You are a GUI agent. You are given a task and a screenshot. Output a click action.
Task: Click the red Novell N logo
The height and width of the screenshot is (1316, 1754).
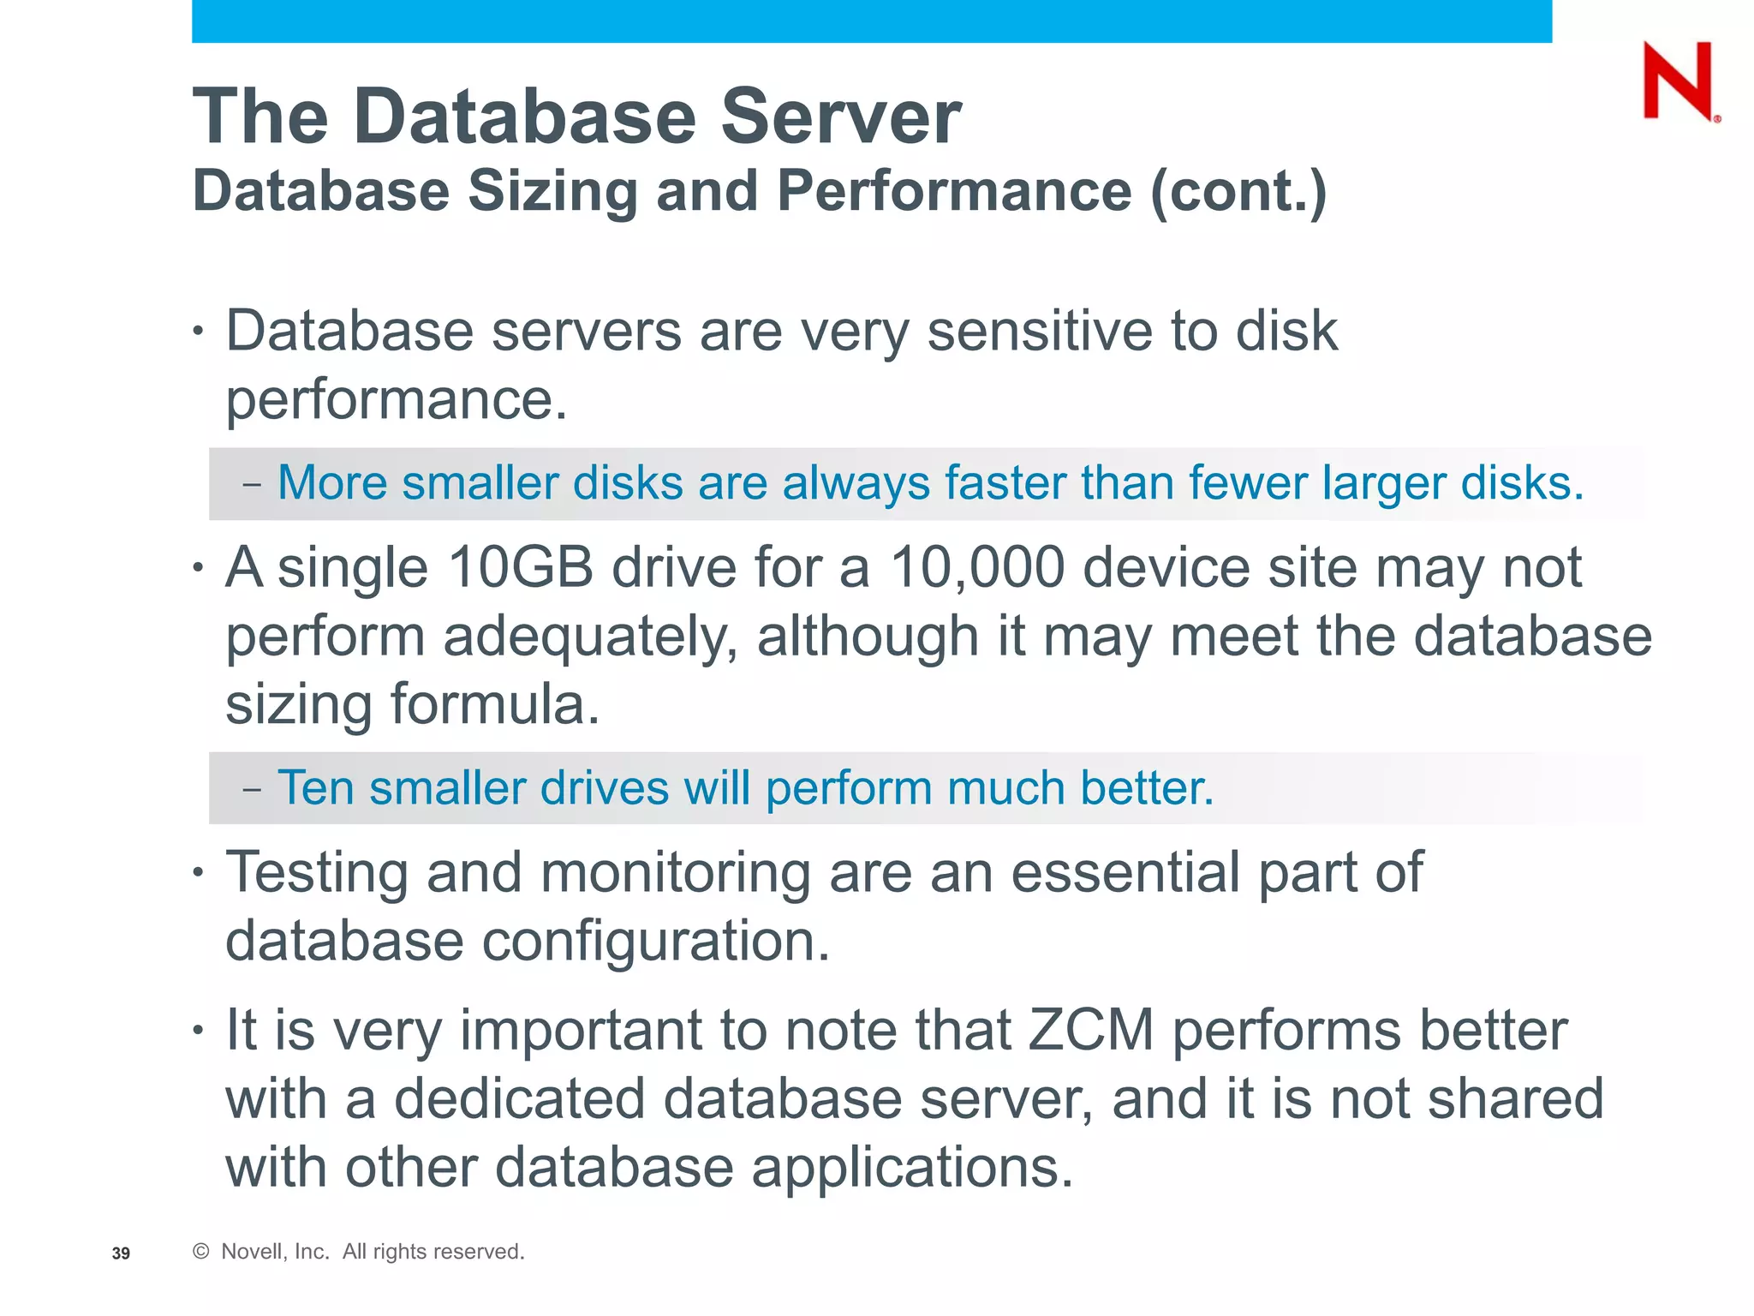[x=1678, y=81]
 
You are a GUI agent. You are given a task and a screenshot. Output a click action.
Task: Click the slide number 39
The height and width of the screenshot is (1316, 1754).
[x=121, y=1253]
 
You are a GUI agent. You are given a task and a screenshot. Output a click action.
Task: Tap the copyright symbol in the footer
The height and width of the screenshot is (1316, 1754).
[x=201, y=1252]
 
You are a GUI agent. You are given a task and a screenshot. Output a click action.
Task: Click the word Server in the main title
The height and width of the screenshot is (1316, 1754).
[x=841, y=117]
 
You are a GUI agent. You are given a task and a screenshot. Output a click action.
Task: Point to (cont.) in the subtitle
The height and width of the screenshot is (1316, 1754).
[x=1238, y=192]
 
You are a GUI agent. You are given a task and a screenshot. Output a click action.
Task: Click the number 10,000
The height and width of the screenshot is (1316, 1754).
[x=977, y=569]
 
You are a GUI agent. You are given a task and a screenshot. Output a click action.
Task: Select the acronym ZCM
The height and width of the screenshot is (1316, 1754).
[x=1091, y=1030]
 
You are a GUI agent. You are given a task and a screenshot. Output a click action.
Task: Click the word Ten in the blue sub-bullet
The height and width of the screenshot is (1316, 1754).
[x=315, y=787]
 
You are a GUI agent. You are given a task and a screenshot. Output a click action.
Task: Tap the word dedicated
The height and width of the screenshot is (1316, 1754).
[x=518, y=1099]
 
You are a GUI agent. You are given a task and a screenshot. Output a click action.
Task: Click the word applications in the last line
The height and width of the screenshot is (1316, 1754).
[x=912, y=1168]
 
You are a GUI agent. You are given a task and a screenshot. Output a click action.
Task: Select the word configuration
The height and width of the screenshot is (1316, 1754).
[x=655, y=942]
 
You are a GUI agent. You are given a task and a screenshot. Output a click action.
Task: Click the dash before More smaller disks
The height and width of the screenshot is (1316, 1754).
[x=251, y=484]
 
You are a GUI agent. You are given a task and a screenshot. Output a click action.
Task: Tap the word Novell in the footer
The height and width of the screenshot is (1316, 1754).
[x=251, y=1252]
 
